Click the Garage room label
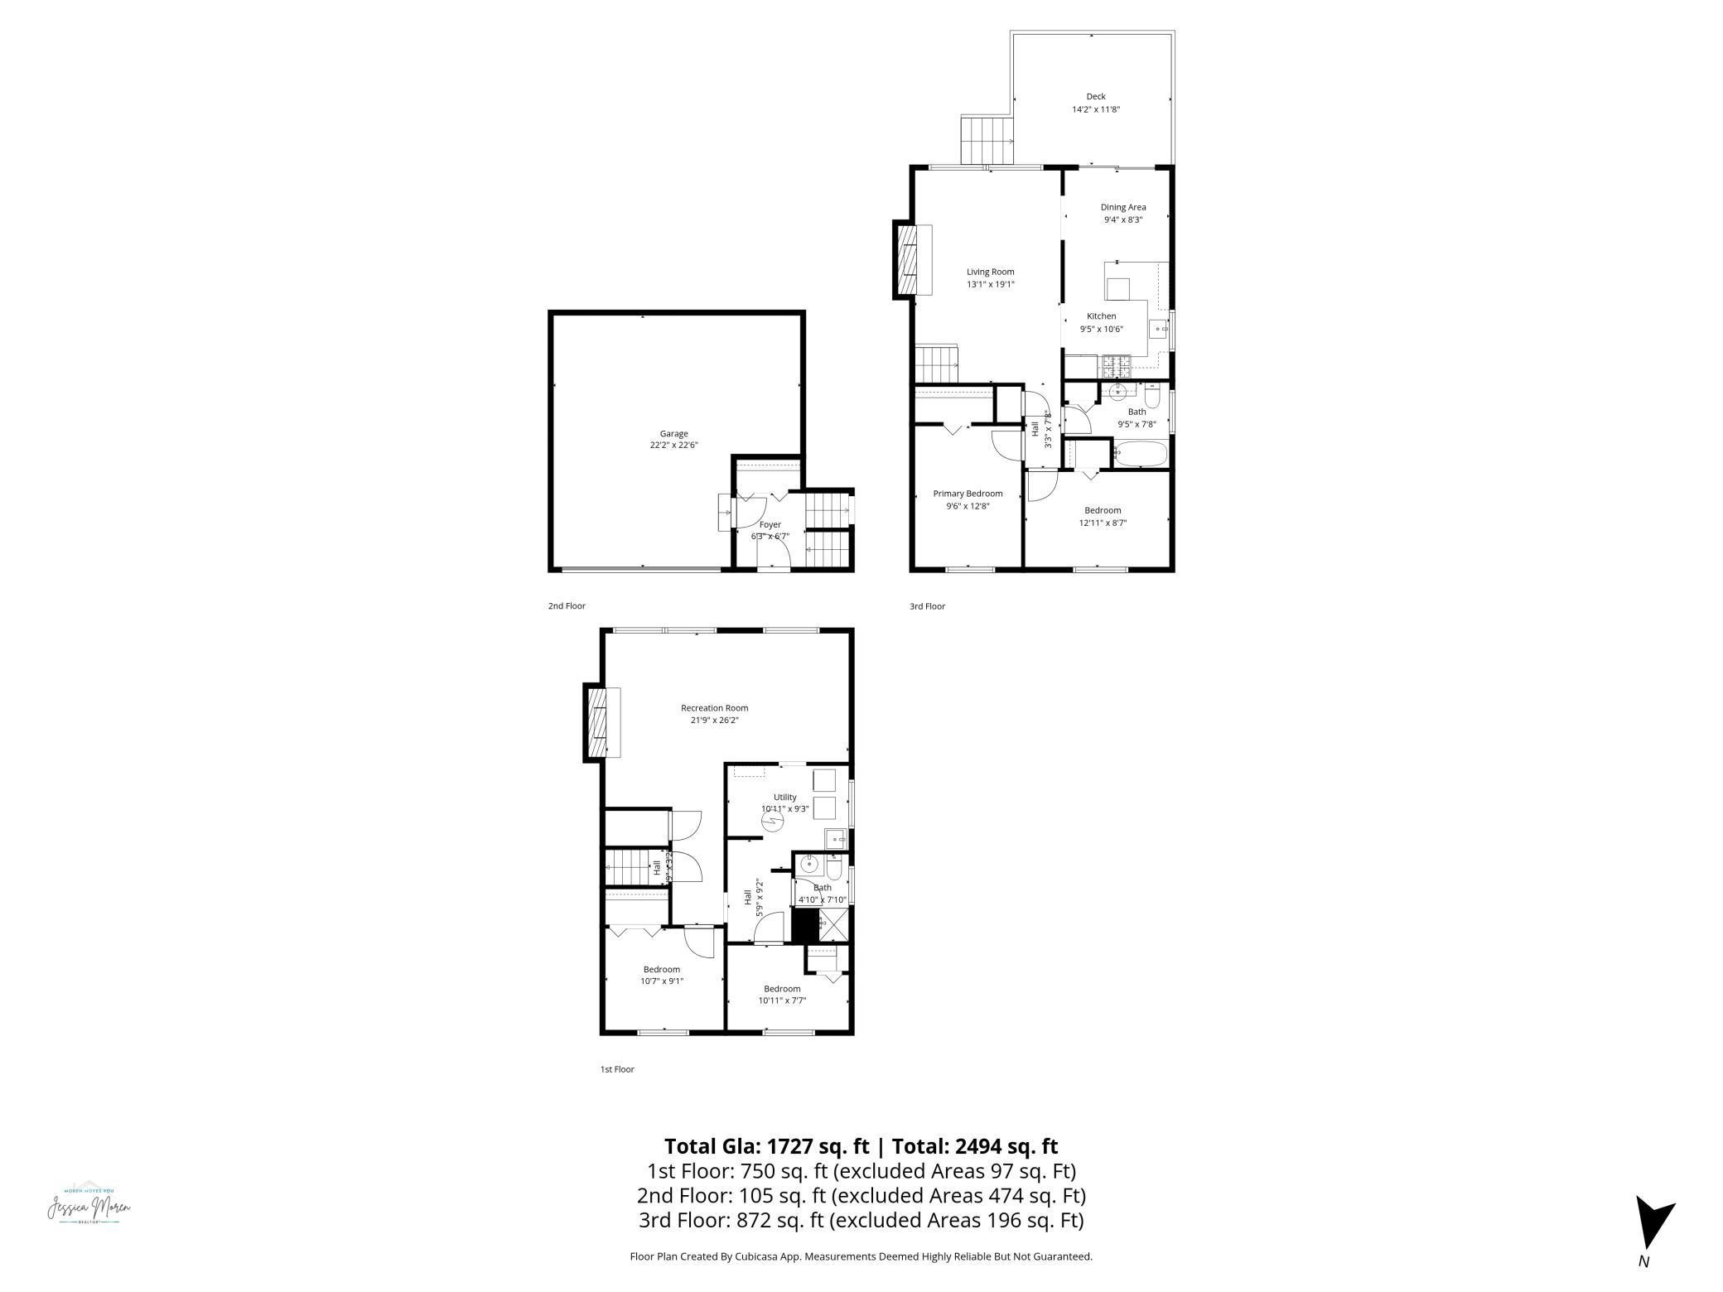pos(673,433)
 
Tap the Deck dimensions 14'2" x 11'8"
pos(1095,109)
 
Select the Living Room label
pos(990,272)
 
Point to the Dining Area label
pos(1122,207)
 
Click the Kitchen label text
pos(1101,316)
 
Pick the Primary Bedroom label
pos(967,494)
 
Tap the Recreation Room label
pos(714,708)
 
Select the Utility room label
pos(784,798)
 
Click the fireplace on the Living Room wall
pos(910,260)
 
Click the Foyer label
pos(770,524)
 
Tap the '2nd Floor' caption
pos(567,606)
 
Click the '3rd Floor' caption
pos(927,606)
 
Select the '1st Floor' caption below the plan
pos(617,1069)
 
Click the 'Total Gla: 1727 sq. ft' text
pos(766,1146)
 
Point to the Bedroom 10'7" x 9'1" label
pos(661,970)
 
